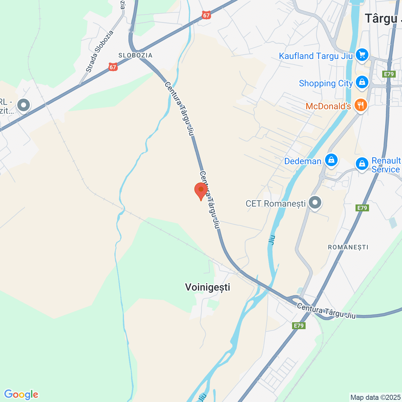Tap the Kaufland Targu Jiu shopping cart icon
(x=362, y=55)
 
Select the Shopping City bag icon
(x=362, y=82)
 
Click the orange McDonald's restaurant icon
(x=361, y=105)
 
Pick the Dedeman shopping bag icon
(x=331, y=160)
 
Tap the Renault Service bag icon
(x=362, y=164)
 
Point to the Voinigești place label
(x=208, y=287)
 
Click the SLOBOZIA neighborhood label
(x=135, y=55)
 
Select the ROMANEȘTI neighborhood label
(x=348, y=247)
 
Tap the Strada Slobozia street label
(x=100, y=51)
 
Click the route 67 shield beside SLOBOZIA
(x=113, y=67)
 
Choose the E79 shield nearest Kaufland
(x=388, y=74)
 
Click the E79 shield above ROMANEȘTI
(x=362, y=208)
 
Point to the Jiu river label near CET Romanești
(x=272, y=240)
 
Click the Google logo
(x=21, y=394)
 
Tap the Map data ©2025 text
(x=375, y=398)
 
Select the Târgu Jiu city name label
(x=383, y=19)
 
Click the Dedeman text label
(x=302, y=161)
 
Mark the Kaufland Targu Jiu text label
(x=316, y=56)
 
